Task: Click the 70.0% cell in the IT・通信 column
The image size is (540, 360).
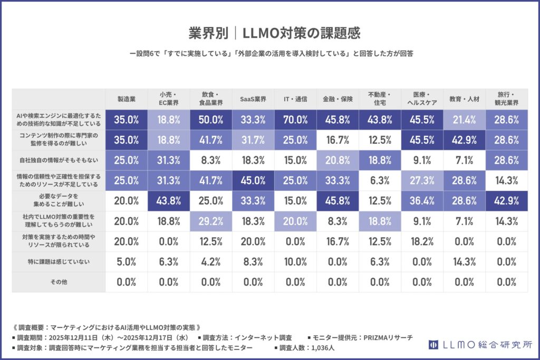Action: click(295, 120)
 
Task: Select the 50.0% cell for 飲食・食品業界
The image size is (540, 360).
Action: click(211, 120)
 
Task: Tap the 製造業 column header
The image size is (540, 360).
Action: click(127, 99)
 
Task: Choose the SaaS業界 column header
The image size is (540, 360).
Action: click(253, 99)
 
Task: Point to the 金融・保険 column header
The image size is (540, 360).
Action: click(337, 99)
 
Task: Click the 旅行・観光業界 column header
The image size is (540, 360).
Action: click(506, 99)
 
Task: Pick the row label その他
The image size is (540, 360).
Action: click(59, 282)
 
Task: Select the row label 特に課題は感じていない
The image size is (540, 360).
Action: click(59, 261)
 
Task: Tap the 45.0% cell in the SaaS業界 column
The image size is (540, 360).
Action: click(253, 180)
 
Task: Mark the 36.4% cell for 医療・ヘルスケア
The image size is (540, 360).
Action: click(422, 201)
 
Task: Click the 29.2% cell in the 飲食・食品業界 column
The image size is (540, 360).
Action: click(211, 221)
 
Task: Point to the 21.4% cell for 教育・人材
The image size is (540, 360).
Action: click(464, 120)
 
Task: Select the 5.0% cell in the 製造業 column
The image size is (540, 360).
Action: click(127, 261)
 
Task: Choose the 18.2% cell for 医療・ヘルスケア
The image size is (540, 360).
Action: click(422, 241)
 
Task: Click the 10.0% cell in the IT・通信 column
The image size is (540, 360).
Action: click(295, 261)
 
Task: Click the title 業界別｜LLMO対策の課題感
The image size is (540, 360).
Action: click(269, 33)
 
